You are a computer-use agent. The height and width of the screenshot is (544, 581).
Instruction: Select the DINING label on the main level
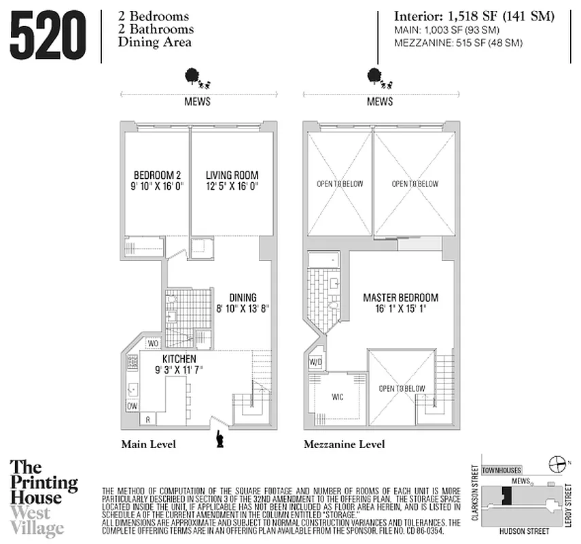click(x=243, y=297)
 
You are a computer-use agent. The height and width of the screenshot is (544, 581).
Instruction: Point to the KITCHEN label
click(x=179, y=358)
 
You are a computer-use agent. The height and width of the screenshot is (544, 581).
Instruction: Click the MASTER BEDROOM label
click(x=400, y=298)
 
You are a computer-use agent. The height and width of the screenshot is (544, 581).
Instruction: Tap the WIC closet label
click(x=338, y=397)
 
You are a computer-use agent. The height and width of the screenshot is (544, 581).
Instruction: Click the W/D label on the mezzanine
click(x=316, y=361)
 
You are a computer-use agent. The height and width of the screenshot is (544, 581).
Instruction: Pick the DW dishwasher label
click(x=132, y=406)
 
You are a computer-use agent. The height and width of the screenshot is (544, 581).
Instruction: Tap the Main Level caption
click(x=148, y=445)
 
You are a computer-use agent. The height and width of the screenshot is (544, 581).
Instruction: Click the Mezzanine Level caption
click(x=344, y=445)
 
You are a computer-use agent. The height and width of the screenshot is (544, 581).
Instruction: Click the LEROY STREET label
click(x=565, y=504)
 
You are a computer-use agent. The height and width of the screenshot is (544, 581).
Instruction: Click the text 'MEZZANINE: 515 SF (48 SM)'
click(x=448, y=43)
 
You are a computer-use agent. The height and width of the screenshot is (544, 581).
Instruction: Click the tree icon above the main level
click(x=193, y=76)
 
